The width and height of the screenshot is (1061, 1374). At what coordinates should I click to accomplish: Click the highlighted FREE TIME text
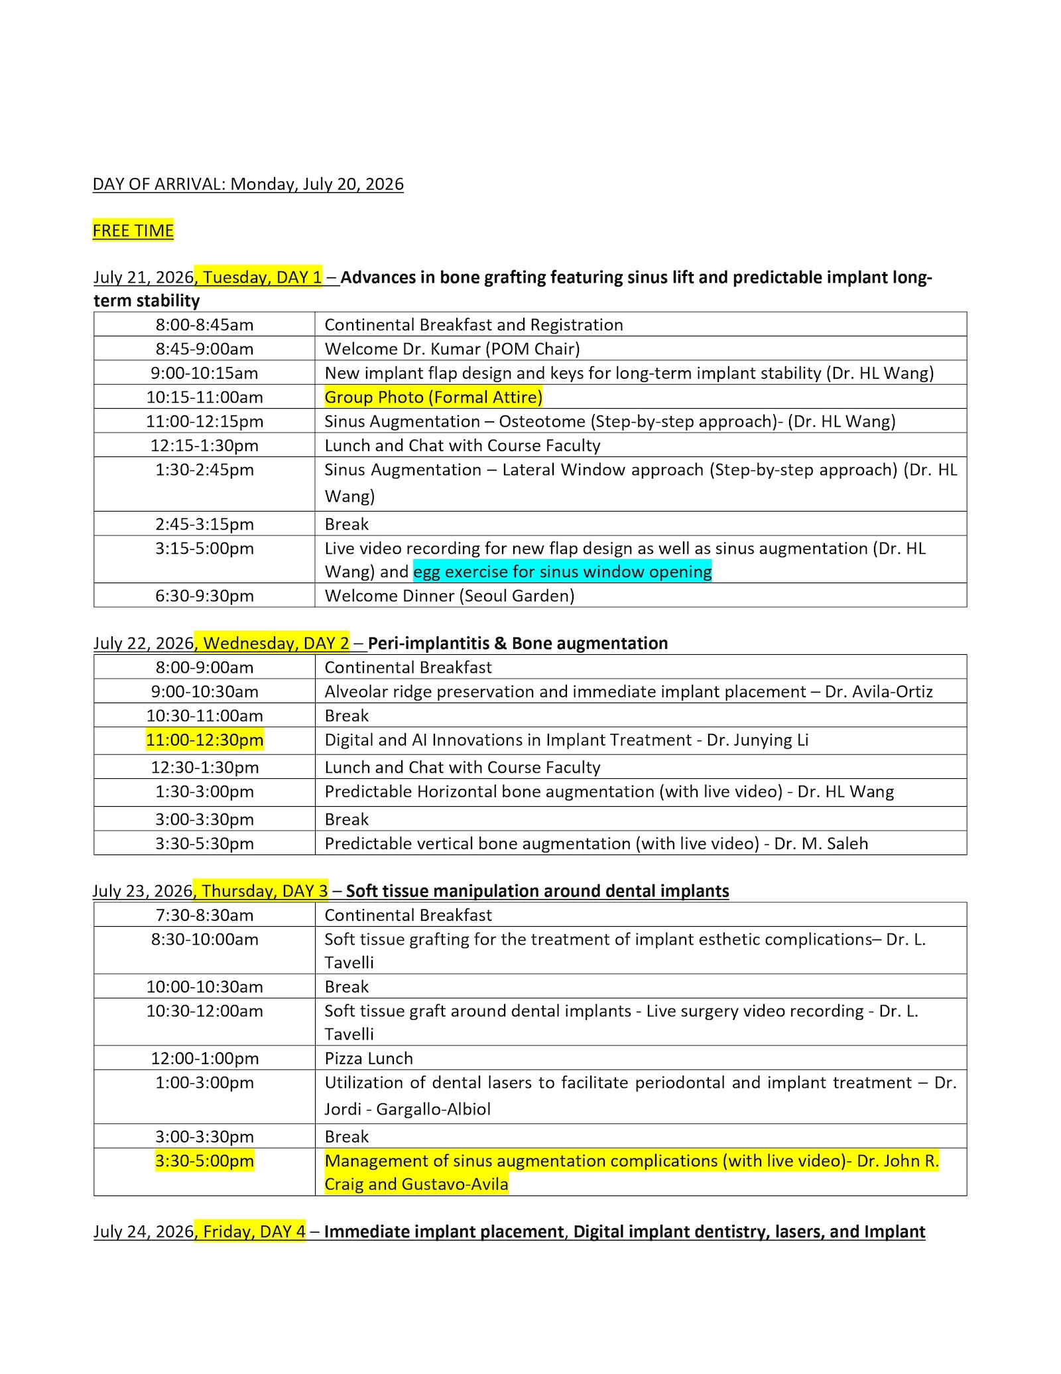[133, 231]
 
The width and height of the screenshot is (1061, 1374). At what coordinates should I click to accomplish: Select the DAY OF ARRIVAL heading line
[248, 184]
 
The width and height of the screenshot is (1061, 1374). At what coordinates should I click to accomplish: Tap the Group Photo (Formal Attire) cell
[433, 397]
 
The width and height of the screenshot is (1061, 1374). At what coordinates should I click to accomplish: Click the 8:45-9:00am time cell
[204, 349]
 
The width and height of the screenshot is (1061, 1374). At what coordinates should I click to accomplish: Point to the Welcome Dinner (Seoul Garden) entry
[449, 596]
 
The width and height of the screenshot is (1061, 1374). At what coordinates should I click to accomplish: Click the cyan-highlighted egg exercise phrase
[562, 572]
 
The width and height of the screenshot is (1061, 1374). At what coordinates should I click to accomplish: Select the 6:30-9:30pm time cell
[204, 596]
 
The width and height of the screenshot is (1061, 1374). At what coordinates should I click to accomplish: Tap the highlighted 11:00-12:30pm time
[204, 740]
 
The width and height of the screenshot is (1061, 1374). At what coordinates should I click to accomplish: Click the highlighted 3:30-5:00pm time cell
[204, 1161]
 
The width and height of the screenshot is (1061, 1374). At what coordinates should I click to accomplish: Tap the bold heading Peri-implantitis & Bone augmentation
[517, 644]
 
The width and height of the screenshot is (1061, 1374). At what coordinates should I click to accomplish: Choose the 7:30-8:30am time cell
[204, 916]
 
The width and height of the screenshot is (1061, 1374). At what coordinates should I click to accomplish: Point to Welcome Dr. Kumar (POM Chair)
[452, 349]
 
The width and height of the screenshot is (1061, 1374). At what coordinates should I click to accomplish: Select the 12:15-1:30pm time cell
[204, 446]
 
